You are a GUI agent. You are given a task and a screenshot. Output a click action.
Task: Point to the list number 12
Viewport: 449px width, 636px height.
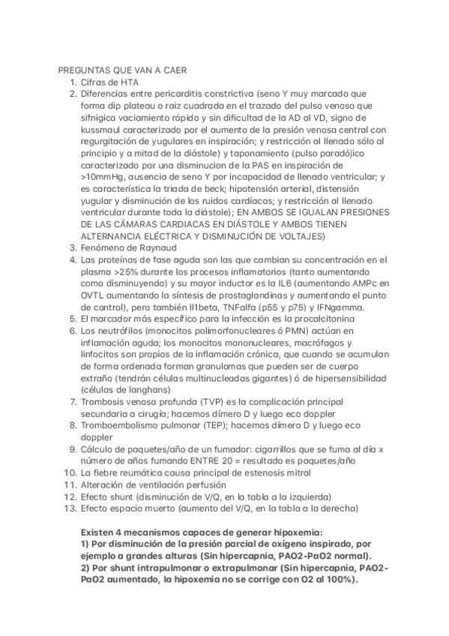[x=69, y=496]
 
